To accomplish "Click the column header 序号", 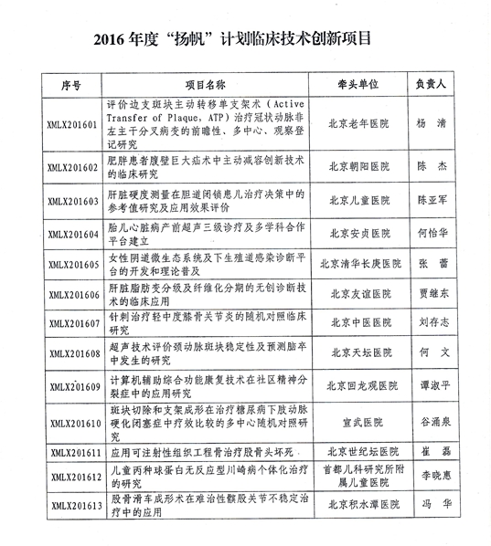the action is (x=72, y=85).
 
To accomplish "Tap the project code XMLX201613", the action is (x=71, y=504).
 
